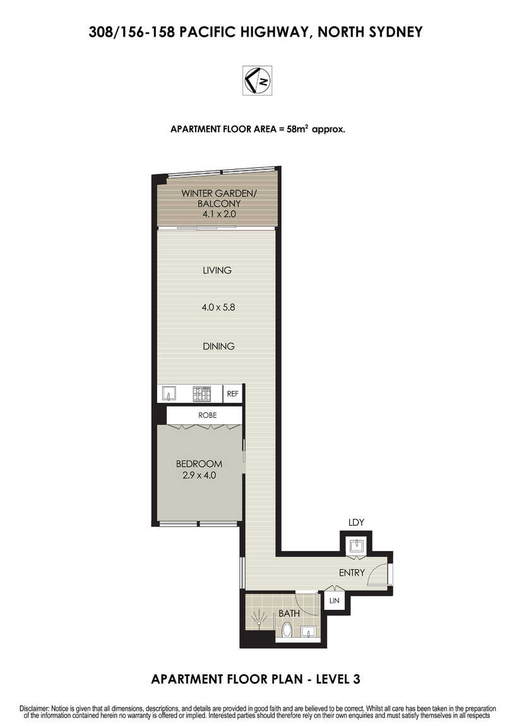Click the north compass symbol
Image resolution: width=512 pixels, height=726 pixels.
point(258,81)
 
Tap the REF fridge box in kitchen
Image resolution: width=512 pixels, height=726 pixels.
point(232,393)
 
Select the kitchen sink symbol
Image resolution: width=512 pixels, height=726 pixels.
point(169,393)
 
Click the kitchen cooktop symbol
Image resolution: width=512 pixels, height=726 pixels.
point(202,393)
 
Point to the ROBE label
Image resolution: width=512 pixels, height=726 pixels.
point(208,415)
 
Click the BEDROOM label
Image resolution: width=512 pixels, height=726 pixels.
point(199,463)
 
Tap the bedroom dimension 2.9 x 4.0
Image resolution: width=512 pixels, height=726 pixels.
point(199,475)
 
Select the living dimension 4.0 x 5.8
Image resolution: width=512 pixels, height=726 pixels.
point(218,307)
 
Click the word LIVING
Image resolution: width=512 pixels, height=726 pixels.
point(217,270)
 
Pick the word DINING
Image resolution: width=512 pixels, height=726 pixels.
point(218,346)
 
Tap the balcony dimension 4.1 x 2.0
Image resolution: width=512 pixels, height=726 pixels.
point(219,214)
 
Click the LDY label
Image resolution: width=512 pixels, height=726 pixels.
point(356,522)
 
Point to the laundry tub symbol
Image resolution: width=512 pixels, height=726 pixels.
point(357,545)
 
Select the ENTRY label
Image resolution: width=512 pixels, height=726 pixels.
point(352,573)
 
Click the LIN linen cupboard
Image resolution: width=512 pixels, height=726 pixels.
point(334,600)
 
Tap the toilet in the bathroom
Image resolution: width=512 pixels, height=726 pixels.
point(287,630)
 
